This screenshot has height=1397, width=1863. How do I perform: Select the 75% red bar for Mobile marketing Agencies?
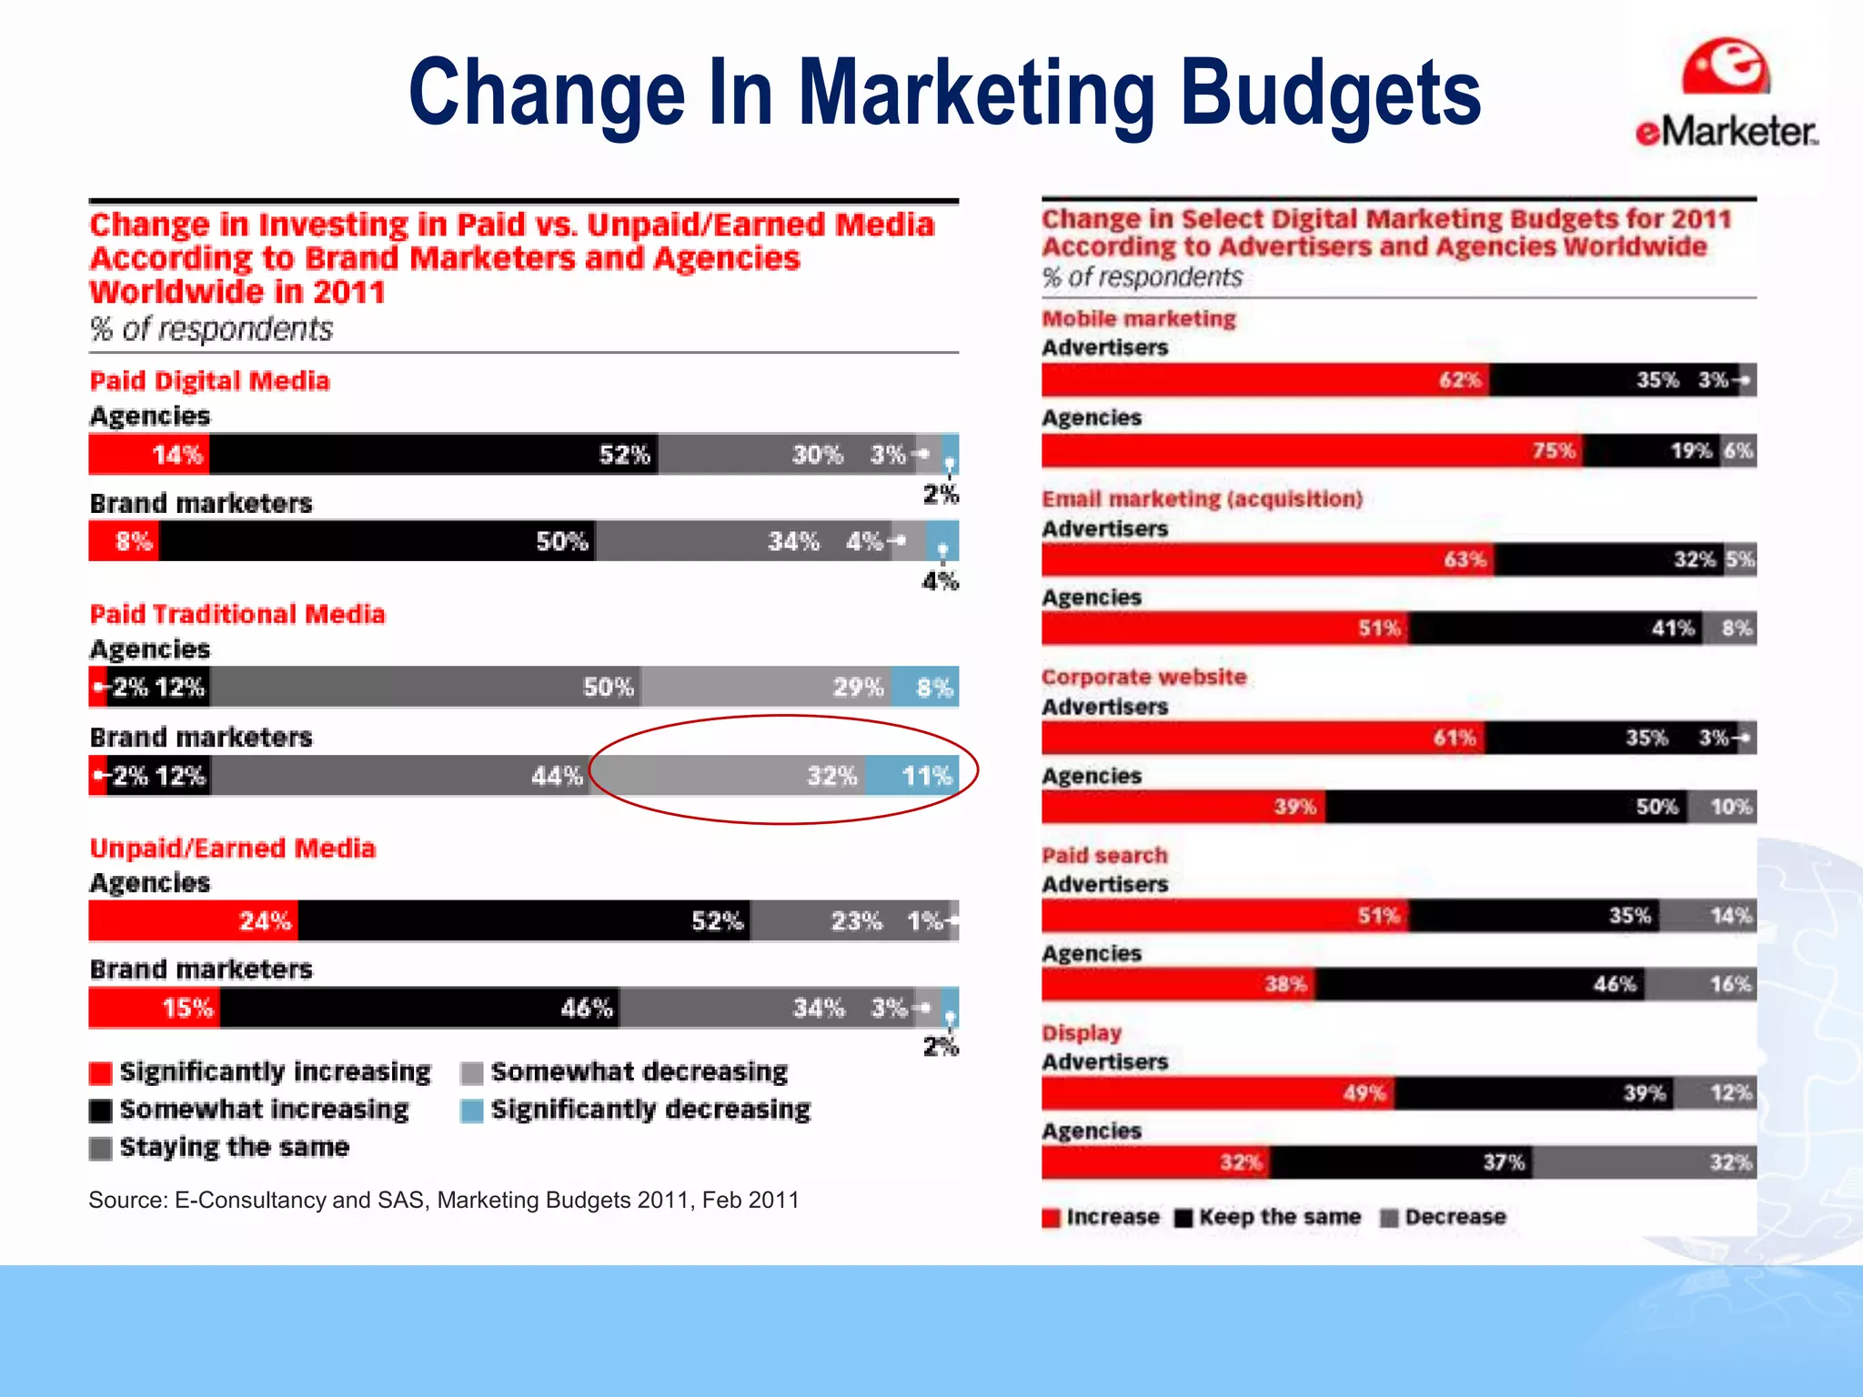pyautogui.click(x=1310, y=451)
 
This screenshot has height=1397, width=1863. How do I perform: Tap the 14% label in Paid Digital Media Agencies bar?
pyautogui.click(x=176, y=455)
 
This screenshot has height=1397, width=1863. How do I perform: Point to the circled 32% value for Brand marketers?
pyautogui.click(x=831, y=776)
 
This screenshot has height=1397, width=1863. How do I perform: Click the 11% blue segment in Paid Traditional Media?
pyautogui.click(x=912, y=776)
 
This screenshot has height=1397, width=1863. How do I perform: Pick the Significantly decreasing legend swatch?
pyautogui.click(x=471, y=1111)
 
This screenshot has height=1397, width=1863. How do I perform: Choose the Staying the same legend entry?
pyautogui.click(x=234, y=1148)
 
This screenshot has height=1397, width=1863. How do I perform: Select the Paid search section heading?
pyautogui.click(x=1104, y=855)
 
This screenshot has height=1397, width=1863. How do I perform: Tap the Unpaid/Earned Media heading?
pyautogui.click(x=232, y=849)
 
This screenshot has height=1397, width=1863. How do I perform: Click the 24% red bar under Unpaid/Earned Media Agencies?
pyautogui.click(x=193, y=921)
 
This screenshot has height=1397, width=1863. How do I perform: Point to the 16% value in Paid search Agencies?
pyautogui.click(x=1729, y=984)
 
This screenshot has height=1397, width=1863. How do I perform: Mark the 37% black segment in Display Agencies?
pyautogui.click(x=1401, y=1162)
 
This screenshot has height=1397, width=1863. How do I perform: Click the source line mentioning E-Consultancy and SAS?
pyautogui.click(x=443, y=1201)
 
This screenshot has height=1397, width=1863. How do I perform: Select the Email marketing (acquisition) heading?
pyautogui.click(x=1202, y=499)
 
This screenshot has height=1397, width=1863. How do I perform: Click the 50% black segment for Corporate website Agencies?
pyautogui.click(x=1506, y=807)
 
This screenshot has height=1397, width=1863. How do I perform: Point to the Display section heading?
pyautogui.click(x=1082, y=1033)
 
